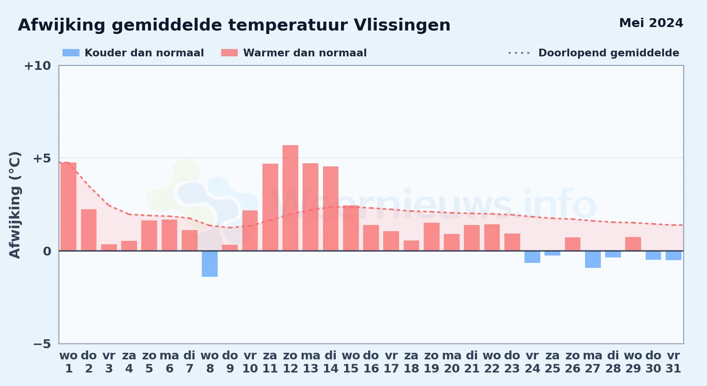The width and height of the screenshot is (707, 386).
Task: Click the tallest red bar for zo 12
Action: (x=290, y=198)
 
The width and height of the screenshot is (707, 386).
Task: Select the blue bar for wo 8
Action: (x=210, y=264)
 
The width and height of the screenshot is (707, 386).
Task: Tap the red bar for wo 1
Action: (x=69, y=207)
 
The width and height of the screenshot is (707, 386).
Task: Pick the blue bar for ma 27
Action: (x=593, y=259)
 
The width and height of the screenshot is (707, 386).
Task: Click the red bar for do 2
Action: (x=89, y=230)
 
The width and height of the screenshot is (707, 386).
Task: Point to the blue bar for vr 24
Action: (x=532, y=257)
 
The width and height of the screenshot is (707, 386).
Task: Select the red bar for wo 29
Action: (x=633, y=244)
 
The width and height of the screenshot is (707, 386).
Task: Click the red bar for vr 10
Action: (x=250, y=230)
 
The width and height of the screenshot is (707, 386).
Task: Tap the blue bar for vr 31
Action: (x=673, y=256)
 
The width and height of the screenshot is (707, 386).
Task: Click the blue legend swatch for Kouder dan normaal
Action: (x=71, y=53)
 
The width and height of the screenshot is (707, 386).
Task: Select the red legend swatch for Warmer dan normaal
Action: (x=229, y=53)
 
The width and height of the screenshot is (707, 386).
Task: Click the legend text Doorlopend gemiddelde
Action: (x=609, y=53)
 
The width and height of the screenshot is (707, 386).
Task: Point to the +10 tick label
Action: (x=37, y=66)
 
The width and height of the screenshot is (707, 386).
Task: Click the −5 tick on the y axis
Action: (x=42, y=344)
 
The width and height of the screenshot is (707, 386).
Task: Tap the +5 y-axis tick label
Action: (x=42, y=158)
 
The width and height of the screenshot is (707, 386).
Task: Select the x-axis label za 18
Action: (x=411, y=362)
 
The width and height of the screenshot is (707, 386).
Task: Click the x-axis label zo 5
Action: (x=149, y=362)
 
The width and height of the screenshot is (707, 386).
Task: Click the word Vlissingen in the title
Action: (x=402, y=25)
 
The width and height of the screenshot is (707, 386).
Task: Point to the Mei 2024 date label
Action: (x=651, y=23)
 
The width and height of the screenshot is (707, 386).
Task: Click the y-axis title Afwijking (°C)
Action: (x=15, y=205)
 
